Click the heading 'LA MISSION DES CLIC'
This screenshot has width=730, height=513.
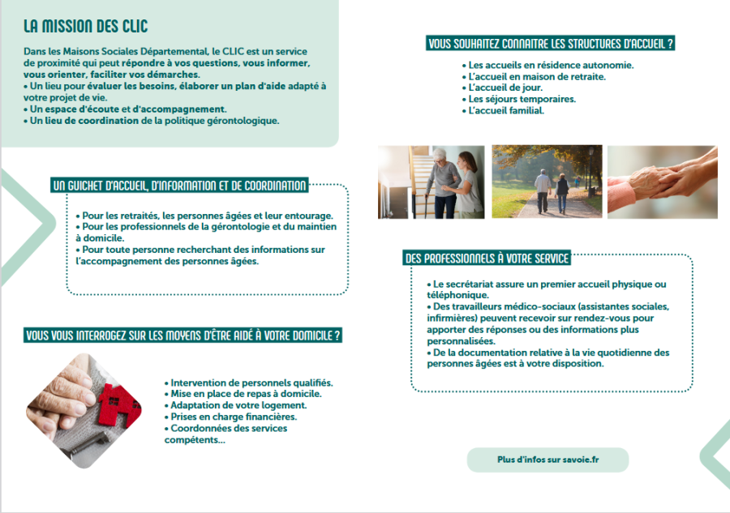click(85, 27)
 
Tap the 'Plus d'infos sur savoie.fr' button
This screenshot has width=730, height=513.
click(547, 460)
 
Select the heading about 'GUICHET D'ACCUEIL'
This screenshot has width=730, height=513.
click(179, 186)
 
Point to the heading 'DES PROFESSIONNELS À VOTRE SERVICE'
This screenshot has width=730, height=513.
click(487, 259)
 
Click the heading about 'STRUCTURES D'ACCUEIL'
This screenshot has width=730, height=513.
click(551, 44)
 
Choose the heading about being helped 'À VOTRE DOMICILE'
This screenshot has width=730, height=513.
click(182, 335)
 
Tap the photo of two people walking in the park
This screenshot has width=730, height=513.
click(547, 182)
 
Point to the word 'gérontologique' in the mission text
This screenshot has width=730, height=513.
click(242, 121)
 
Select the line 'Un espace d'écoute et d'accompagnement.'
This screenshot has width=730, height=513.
click(128, 109)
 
